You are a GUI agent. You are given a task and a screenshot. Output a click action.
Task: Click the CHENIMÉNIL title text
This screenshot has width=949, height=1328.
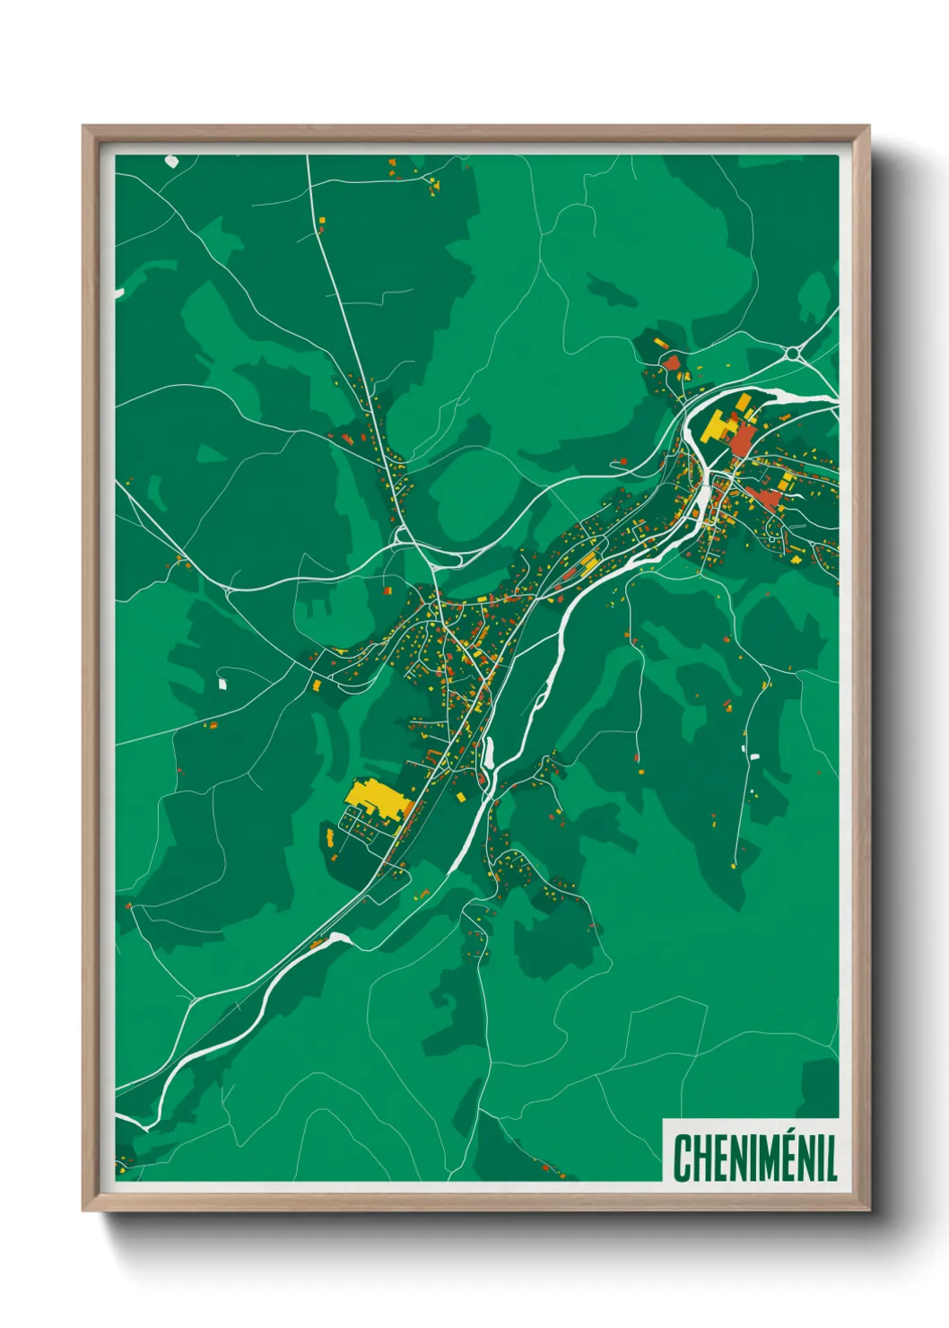(754, 1158)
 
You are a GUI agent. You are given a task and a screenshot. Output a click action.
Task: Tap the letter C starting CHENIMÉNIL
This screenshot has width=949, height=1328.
(682, 1158)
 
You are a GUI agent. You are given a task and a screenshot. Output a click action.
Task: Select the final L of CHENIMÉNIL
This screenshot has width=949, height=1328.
(831, 1158)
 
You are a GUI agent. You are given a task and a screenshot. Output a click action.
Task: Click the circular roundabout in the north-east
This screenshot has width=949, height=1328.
(792, 354)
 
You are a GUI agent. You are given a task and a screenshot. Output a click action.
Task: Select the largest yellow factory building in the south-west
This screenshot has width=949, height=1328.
(372, 797)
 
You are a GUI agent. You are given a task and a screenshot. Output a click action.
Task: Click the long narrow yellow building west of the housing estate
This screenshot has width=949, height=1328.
(329, 839)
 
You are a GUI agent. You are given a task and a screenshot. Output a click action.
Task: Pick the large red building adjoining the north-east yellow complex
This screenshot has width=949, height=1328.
(743, 439)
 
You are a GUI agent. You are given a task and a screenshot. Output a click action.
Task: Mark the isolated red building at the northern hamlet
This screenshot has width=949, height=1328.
(671, 363)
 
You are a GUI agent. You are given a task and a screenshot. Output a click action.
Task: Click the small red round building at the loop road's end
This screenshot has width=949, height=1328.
(623, 461)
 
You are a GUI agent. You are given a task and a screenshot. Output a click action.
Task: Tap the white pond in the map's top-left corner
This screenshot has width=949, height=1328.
(171, 162)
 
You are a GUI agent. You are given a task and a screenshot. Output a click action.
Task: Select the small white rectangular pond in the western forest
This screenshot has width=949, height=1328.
(222, 684)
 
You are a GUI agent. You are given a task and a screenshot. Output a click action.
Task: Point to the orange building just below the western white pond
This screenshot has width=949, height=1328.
(213, 723)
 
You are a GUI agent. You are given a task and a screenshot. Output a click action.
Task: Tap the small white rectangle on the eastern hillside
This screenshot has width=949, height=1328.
(754, 756)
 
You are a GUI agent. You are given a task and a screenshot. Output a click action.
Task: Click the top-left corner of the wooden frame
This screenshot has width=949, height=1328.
(83, 127)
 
